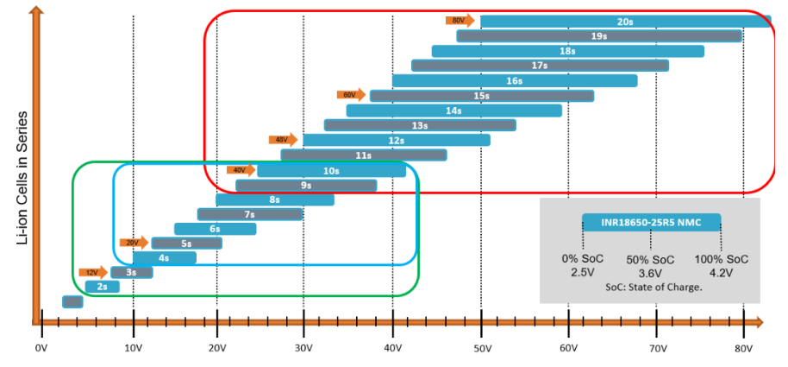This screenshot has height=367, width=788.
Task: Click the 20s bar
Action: [x=625, y=21]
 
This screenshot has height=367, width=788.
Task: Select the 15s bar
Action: [x=482, y=95]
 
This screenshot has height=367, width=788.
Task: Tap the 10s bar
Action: [x=331, y=170]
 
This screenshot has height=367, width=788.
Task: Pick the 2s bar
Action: [x=102, y=286]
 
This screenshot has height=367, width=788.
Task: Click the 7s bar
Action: [x=249, y=214]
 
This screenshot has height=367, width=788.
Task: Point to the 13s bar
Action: [x=420, y=125]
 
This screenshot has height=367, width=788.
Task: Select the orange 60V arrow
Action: [x=351, y=95]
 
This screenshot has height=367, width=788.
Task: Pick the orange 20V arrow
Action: [x=134, y=243]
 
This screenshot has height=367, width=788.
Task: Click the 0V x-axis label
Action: [x=41, y=350]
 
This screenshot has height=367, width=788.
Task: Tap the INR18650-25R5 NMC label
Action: [x=651, y=223]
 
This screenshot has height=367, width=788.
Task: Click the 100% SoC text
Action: [x=722, y=259]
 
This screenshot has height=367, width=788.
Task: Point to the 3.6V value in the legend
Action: [x=651, y=273]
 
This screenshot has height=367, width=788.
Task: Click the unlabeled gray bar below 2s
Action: [x=72, y=301]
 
